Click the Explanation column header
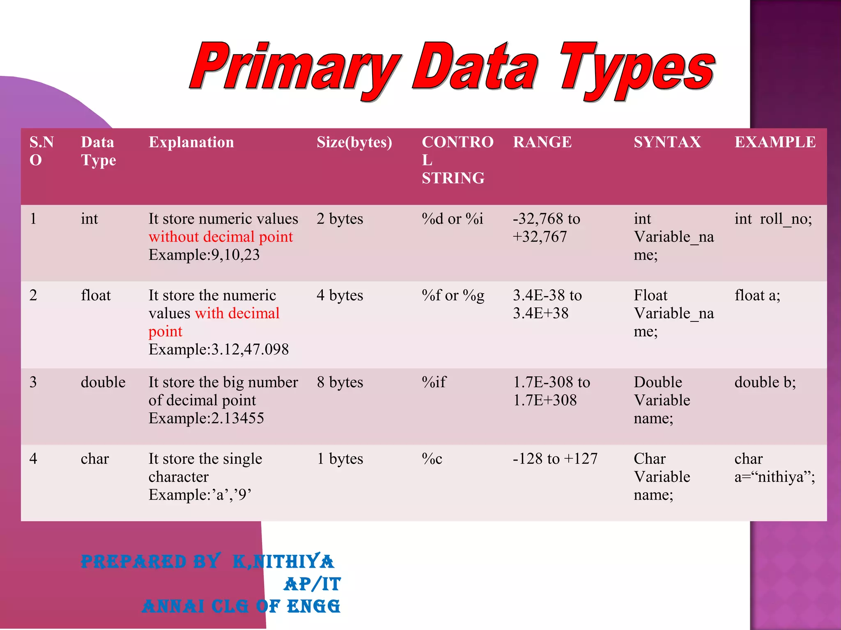[191, 142]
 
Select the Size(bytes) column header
[354, 142]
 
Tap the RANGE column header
[542, 142]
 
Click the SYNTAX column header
[667, 142]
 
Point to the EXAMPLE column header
[775, 142]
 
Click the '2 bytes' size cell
[340, 219]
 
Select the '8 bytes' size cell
[340, 382]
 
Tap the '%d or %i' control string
[452, 219]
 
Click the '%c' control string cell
[432, 459]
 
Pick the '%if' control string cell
[434, 382]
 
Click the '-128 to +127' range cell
[555, 459]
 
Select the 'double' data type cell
[103, 382]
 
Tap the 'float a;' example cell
[757, 295]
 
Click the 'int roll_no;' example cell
[773, 219]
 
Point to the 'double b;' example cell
[765, 382]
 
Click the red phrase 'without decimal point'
[221, 237]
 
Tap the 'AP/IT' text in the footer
[312, 584]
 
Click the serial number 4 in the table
[33, 459]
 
